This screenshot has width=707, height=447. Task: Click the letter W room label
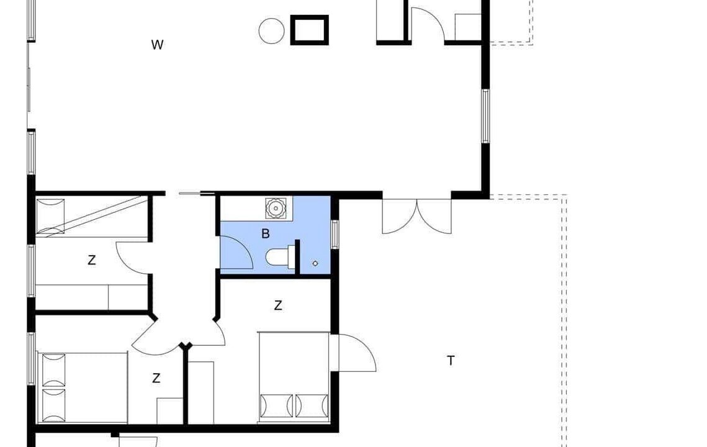(157, 45)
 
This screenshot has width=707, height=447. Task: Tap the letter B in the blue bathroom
(266, 233)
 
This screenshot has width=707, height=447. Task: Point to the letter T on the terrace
(451, 361)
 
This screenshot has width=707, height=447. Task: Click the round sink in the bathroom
(275, 208)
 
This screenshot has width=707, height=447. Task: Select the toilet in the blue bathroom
(280, 258)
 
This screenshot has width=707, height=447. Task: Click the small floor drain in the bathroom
(315, 263)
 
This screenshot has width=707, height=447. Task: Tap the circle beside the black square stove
(271, 31)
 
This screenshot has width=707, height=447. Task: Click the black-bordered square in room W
(309, 30)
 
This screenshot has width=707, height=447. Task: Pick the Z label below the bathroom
(277, 306)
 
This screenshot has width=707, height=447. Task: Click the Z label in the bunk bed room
(91, 260)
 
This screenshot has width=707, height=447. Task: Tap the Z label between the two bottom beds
(156, 378)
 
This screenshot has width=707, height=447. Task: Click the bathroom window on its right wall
(335, 233)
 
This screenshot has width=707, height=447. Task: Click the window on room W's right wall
(485, 116)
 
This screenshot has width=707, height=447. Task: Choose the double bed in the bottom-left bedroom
(83, 388)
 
